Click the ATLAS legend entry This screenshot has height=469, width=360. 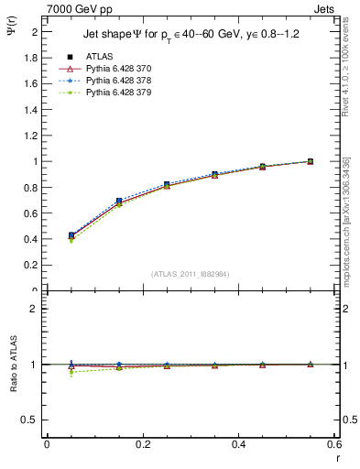pyautogui.click(x=98, y=57)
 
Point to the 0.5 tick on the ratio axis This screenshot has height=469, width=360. pyautogui.click(x=33, y=420)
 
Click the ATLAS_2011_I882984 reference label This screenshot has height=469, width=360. pyautogui.click(x=191, y=274)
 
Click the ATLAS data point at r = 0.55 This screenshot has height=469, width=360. pyautogui.click(x=310, y=161)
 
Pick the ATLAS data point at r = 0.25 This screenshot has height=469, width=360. pyautogui.click(x=167, y=184)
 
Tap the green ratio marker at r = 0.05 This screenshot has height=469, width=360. pyautogui.click(x=71, y=373)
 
